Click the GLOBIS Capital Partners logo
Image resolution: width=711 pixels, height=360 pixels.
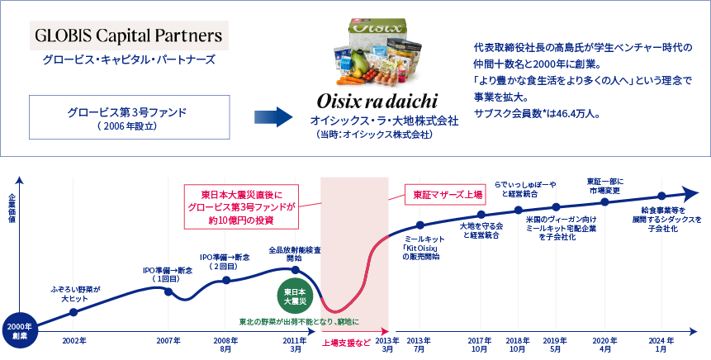point(129,36)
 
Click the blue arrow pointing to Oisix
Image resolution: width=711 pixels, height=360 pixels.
point(272,115)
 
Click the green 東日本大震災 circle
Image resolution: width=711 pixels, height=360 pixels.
point(296,296)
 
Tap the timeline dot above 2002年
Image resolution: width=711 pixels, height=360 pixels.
point(73,312)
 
